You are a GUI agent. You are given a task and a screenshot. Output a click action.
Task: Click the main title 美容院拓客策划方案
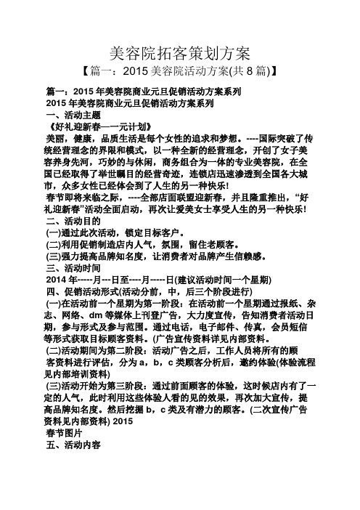(179, 52)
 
